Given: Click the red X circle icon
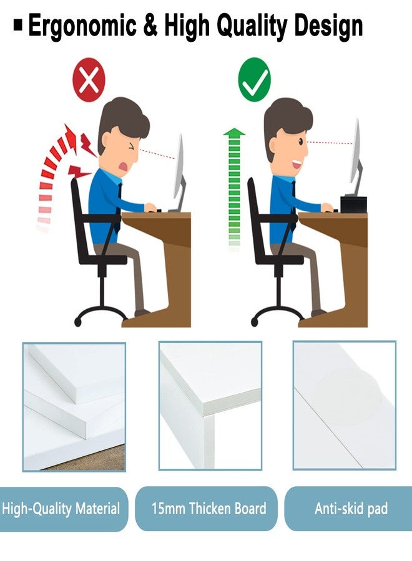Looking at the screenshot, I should pos(89,80).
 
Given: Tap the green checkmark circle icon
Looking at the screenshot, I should pos(254,80).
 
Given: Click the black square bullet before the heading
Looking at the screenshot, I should pos(18,26).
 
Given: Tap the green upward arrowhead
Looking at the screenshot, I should pos(234,133).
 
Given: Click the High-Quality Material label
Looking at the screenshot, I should pos(61,509).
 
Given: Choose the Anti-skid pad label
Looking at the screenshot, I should pos(350,509).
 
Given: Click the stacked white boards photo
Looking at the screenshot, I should pos(74,406).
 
